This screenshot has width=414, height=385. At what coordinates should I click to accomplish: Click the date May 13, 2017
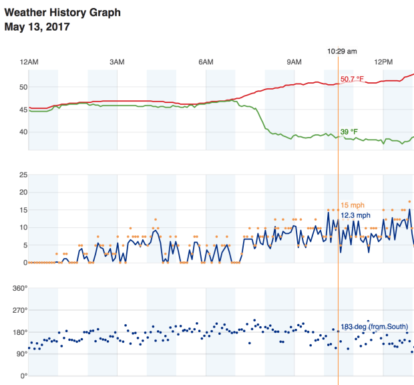(x=37, y=27)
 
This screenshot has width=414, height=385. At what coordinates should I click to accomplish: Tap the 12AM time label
(x=29, y=61)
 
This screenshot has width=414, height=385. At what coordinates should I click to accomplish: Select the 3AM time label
(x=117, y=61)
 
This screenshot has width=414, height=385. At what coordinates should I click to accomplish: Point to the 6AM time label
(x=206, y=61)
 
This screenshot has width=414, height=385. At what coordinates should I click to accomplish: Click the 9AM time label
(x=294, y=61)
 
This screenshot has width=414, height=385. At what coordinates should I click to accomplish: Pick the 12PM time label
(x=383, y=61)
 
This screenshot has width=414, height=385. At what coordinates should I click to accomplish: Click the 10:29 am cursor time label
(x=342, y=51)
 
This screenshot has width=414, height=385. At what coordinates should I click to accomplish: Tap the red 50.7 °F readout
(x=353, y=79)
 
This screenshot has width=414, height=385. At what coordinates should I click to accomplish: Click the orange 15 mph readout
(x=353, y=205)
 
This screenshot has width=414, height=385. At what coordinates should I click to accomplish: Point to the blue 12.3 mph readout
(x=355, y=215)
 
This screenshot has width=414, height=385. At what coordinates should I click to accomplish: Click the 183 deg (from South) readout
(x=374, y=326)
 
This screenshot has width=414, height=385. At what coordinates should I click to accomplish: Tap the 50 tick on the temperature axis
(x=23, y=87)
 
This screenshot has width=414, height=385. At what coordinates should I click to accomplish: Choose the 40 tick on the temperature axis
(x=23, y=132)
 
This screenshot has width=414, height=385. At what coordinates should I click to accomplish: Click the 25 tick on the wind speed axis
(x=23, y=174)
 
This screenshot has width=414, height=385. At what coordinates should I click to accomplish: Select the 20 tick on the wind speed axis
(x=23, y=192)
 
